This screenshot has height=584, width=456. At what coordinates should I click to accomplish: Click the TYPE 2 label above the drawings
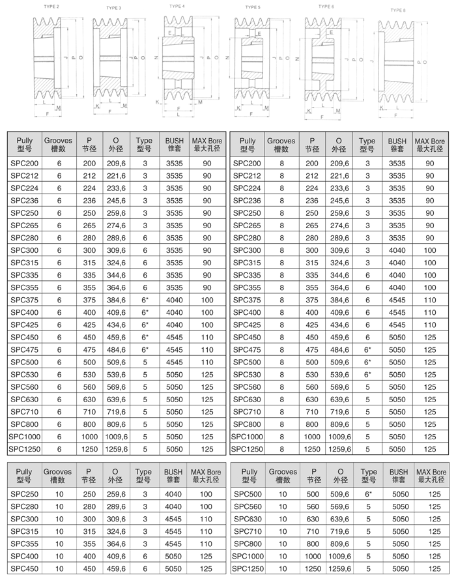tap(51, 6)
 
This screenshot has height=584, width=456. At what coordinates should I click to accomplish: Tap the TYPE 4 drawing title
tap(176, 6)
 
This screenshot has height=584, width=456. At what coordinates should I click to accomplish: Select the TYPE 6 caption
tap(326, 7)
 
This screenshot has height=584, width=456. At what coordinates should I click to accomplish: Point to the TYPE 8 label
tap(397, 10)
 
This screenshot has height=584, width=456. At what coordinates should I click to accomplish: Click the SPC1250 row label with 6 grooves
tap(25, 449)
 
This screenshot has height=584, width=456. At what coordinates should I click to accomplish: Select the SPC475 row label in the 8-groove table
tap(248, 349)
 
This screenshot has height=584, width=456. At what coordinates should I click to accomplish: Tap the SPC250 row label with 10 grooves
tap(25, 494)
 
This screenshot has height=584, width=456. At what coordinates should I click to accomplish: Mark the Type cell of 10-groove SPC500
tap(367, 494)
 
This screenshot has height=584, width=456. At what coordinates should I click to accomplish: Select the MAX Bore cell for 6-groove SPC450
tap(207, 337)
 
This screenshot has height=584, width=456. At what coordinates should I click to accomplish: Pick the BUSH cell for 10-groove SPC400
tap(174, 556)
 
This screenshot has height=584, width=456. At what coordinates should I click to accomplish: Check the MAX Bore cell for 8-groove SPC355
tap(430, 287)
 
